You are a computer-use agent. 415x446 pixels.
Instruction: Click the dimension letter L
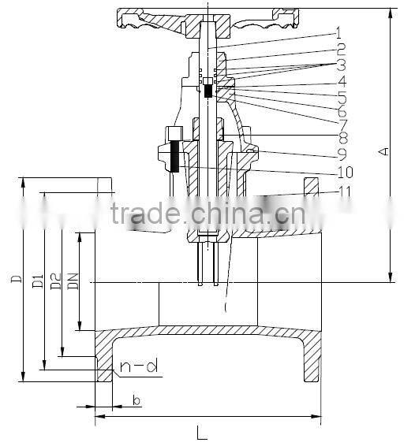pyautogui.click(x=202, y=433)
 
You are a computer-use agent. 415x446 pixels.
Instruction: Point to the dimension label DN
pyautogui.click(x=72, y=279)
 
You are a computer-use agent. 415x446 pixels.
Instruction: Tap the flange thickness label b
pyautogui.click(x=136, y=401)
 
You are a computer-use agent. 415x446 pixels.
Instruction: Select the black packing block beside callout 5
pyautogui.click(x=207, y=91)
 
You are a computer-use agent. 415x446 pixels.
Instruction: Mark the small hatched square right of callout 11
pyautogui.click(x=312, y=186)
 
